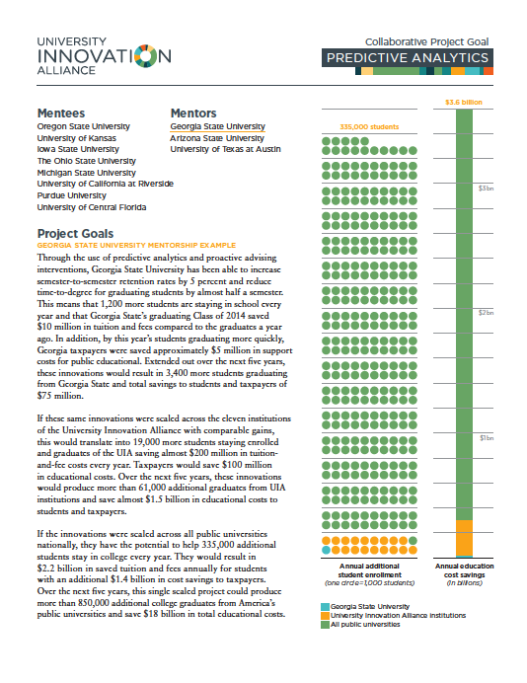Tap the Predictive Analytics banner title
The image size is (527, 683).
click(408, 58)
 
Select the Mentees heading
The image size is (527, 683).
click(61, 114)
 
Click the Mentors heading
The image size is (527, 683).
click(193, 114)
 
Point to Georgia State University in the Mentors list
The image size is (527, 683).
click(217, 126)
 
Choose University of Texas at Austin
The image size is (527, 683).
click(225, 149)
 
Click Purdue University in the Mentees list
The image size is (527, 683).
click(71, 195)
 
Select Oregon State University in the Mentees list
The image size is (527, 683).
click(83, 126)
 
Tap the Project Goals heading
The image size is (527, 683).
click(75, 234)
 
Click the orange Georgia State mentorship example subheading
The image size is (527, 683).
click(136, 245)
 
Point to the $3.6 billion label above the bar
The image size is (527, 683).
click(464, 103)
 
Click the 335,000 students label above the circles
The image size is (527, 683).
click(369, 126)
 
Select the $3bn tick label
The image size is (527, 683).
click(487, 189)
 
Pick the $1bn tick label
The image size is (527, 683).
click(487, 438)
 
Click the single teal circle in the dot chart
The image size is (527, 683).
click(327, 550)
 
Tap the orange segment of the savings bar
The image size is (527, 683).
click(464, 538)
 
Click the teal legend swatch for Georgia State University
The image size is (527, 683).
click(325, 607)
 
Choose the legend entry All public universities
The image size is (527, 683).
click(365, 625)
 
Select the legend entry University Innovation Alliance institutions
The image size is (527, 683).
click(398, 616)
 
